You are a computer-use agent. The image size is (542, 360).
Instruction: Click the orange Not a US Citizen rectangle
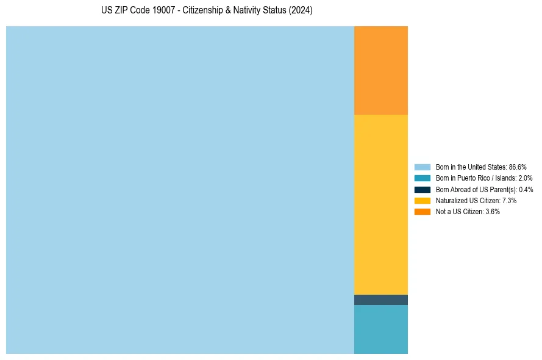point(380,70)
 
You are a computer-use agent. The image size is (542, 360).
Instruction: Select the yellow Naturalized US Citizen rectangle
point(380,204)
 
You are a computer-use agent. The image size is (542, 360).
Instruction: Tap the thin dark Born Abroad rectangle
point(380,300)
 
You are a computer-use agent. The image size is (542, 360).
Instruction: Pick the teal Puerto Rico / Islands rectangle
point(380,329)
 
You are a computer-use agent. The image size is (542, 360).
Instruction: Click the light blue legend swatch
point(422,167)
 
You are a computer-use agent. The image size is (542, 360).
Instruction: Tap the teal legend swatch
point(422,178)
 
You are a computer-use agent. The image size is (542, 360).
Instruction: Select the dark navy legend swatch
point(422,189)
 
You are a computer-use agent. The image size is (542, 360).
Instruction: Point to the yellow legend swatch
point(422,200)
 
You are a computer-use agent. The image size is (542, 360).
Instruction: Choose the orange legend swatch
point(422,211)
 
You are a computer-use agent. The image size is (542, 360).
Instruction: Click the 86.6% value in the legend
point(518,167)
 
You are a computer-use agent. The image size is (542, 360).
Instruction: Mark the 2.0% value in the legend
point(525,178)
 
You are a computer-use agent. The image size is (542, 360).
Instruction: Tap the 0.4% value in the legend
point(526,189)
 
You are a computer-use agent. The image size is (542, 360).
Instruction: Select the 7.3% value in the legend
point(509,200)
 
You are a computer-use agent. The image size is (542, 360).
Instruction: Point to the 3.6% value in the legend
point(493,211)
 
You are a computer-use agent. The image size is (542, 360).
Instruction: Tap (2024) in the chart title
point(300,11)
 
